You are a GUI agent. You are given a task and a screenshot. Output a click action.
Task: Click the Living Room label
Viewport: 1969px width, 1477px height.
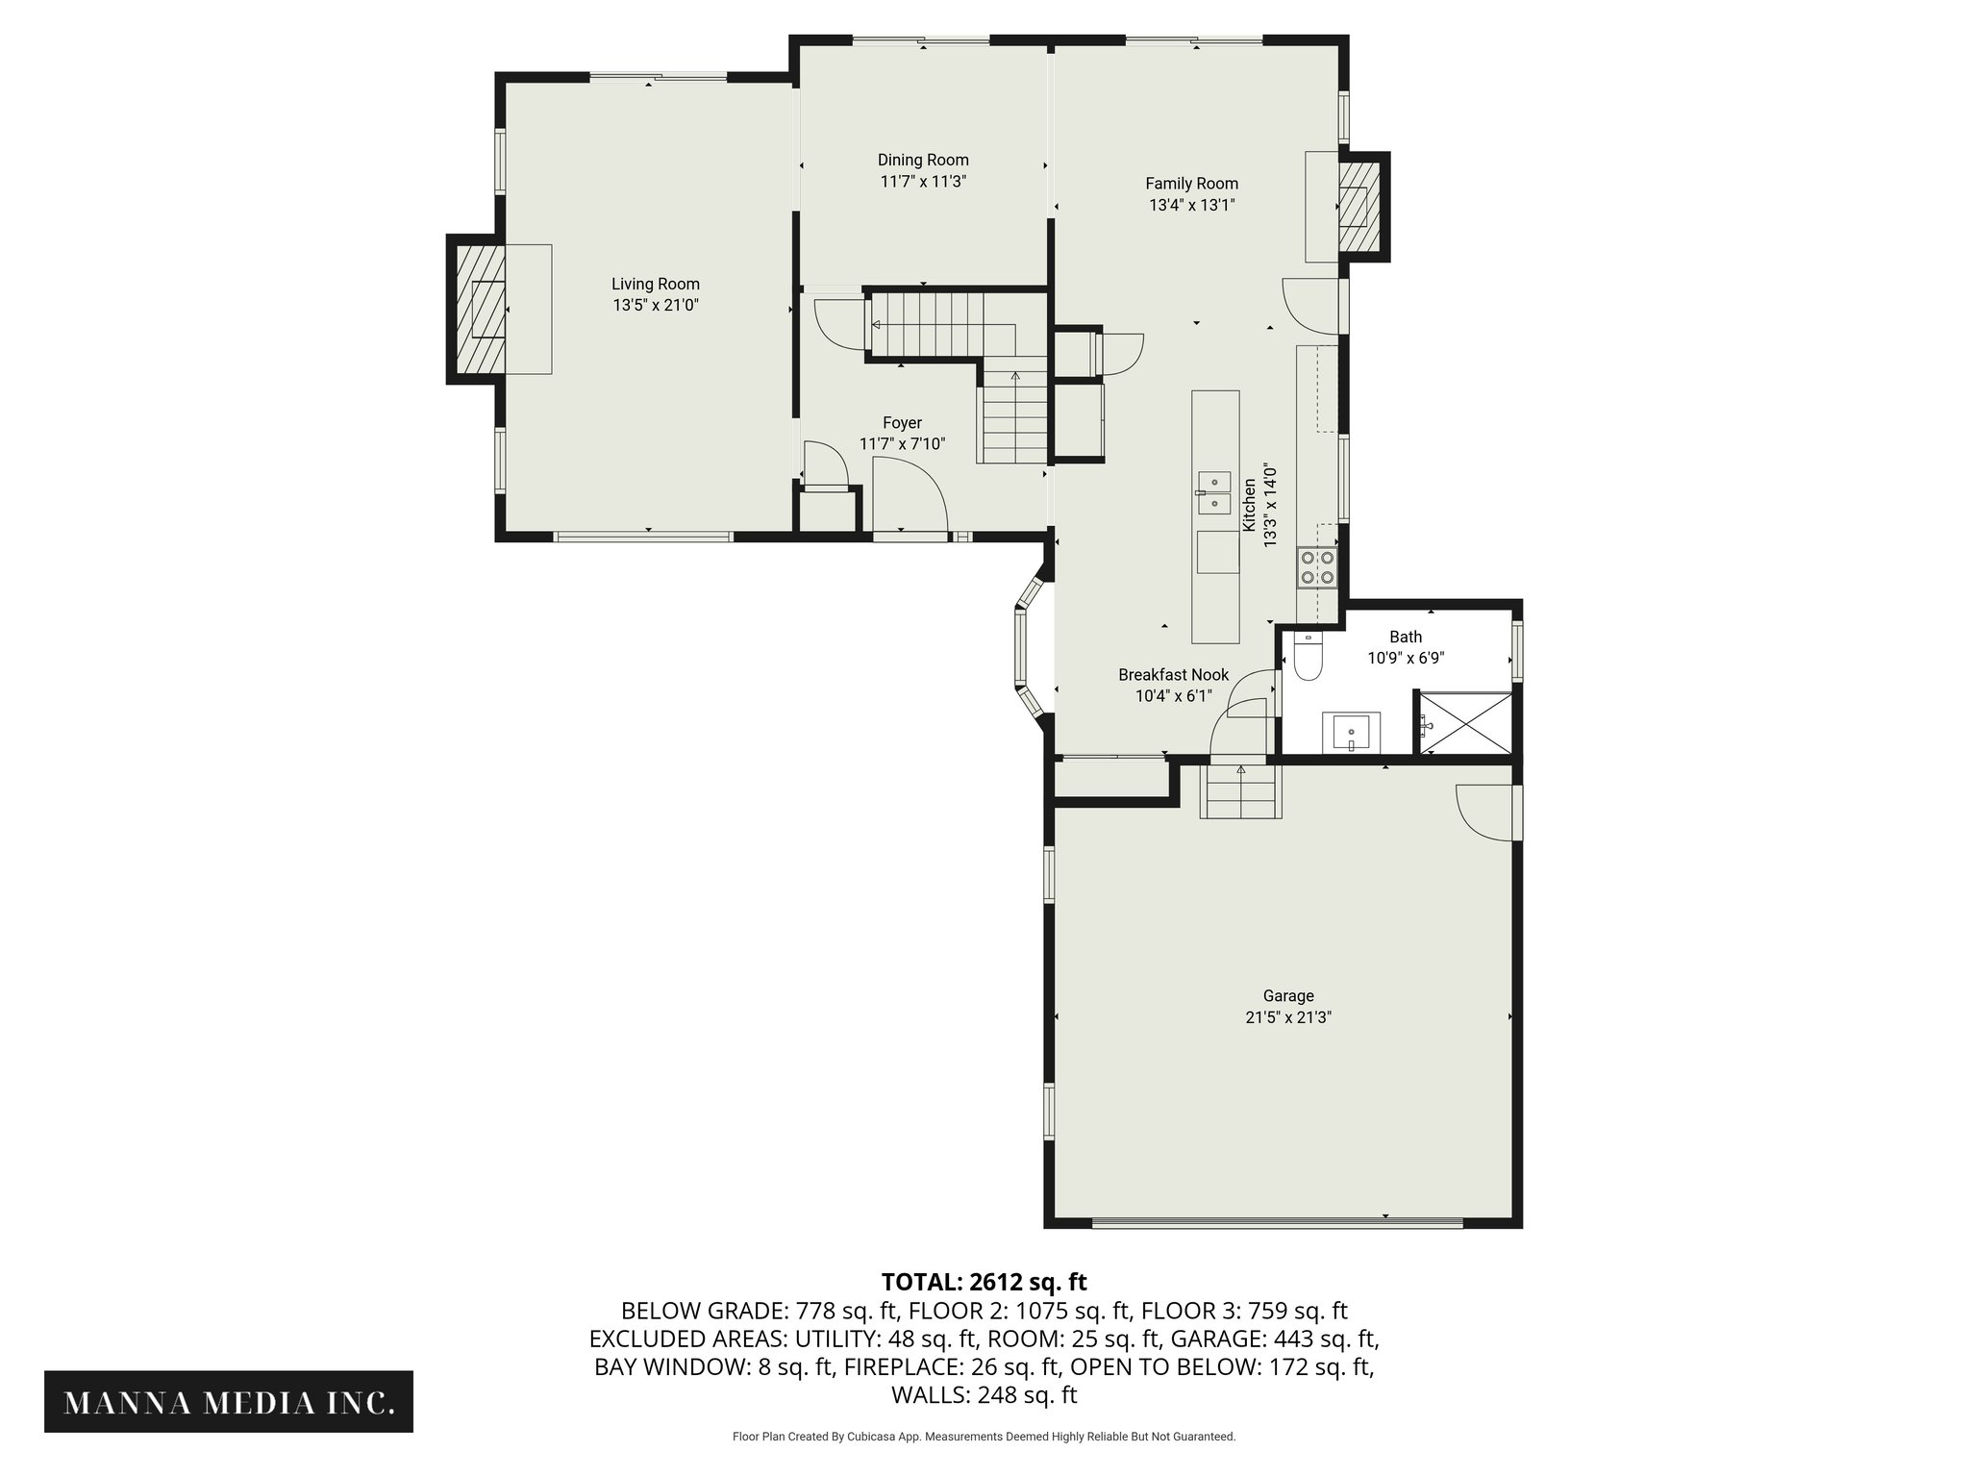click(x=656, y=284)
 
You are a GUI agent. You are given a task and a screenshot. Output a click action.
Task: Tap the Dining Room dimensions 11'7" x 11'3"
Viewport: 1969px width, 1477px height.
click(x=922, y=182)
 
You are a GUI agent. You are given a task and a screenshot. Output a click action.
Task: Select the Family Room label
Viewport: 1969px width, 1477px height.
click(x=1191, y=183)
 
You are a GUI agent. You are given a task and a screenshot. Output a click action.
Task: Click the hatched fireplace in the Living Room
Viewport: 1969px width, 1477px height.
click(x=480, y=308)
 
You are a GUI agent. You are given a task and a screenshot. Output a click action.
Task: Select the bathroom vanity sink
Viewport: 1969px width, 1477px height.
click(x=1352, y=733)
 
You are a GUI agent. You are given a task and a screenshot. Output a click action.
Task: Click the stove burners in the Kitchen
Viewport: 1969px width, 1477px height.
click(x=1316, y=567)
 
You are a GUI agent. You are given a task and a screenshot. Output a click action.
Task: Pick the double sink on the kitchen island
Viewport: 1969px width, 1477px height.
click(x=1214, y=491)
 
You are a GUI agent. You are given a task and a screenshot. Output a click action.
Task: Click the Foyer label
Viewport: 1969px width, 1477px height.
click(x=902, y=423)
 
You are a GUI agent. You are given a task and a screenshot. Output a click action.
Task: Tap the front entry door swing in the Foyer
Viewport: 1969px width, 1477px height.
click(x=909, y=493)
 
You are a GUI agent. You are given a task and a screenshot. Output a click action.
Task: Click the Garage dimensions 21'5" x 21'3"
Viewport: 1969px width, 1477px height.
click(x=1287, y=1017)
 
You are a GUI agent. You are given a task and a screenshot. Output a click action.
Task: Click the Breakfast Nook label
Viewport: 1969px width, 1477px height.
click(x=1173, y=675)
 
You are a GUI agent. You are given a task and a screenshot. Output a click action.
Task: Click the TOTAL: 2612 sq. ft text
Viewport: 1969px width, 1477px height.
click(x=984, y=1282)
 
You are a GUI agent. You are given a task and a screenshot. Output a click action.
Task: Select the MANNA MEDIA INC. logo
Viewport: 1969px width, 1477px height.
click(x=229, y=1403)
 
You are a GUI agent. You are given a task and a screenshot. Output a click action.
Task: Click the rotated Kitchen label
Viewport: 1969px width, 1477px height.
click(x=1249, y=505)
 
